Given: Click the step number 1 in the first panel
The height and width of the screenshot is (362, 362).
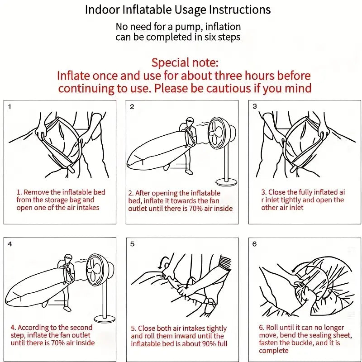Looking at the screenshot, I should (x=10, y=107).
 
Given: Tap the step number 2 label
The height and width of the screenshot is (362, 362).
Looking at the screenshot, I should (x=132, y=107).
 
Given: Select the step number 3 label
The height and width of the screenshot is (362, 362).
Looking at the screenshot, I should (x=255, y=107).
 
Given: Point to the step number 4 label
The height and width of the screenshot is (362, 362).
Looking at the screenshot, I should (x=10, y=244).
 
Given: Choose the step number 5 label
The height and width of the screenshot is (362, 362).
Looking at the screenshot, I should (x=132, y=244).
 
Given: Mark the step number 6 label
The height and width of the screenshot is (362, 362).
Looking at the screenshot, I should (x=255, y=244).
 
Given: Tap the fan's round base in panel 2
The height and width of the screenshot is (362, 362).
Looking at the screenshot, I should (x=226, y=182).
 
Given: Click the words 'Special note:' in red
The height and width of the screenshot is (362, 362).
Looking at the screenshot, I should (x=185, y=62).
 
